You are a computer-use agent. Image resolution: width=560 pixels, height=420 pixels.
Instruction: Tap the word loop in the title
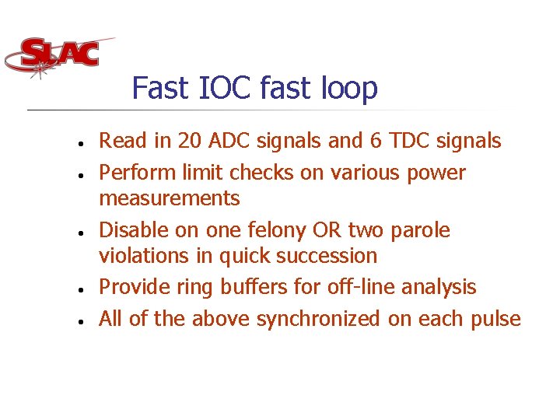(349, 88)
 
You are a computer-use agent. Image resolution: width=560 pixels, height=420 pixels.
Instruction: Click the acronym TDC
(408, 141)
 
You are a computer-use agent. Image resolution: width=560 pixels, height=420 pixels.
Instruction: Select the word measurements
(170, 198)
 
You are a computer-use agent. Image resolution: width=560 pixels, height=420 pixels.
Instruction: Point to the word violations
(140, 256)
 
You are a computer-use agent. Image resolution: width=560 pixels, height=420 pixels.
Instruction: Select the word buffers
(251, 287)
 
